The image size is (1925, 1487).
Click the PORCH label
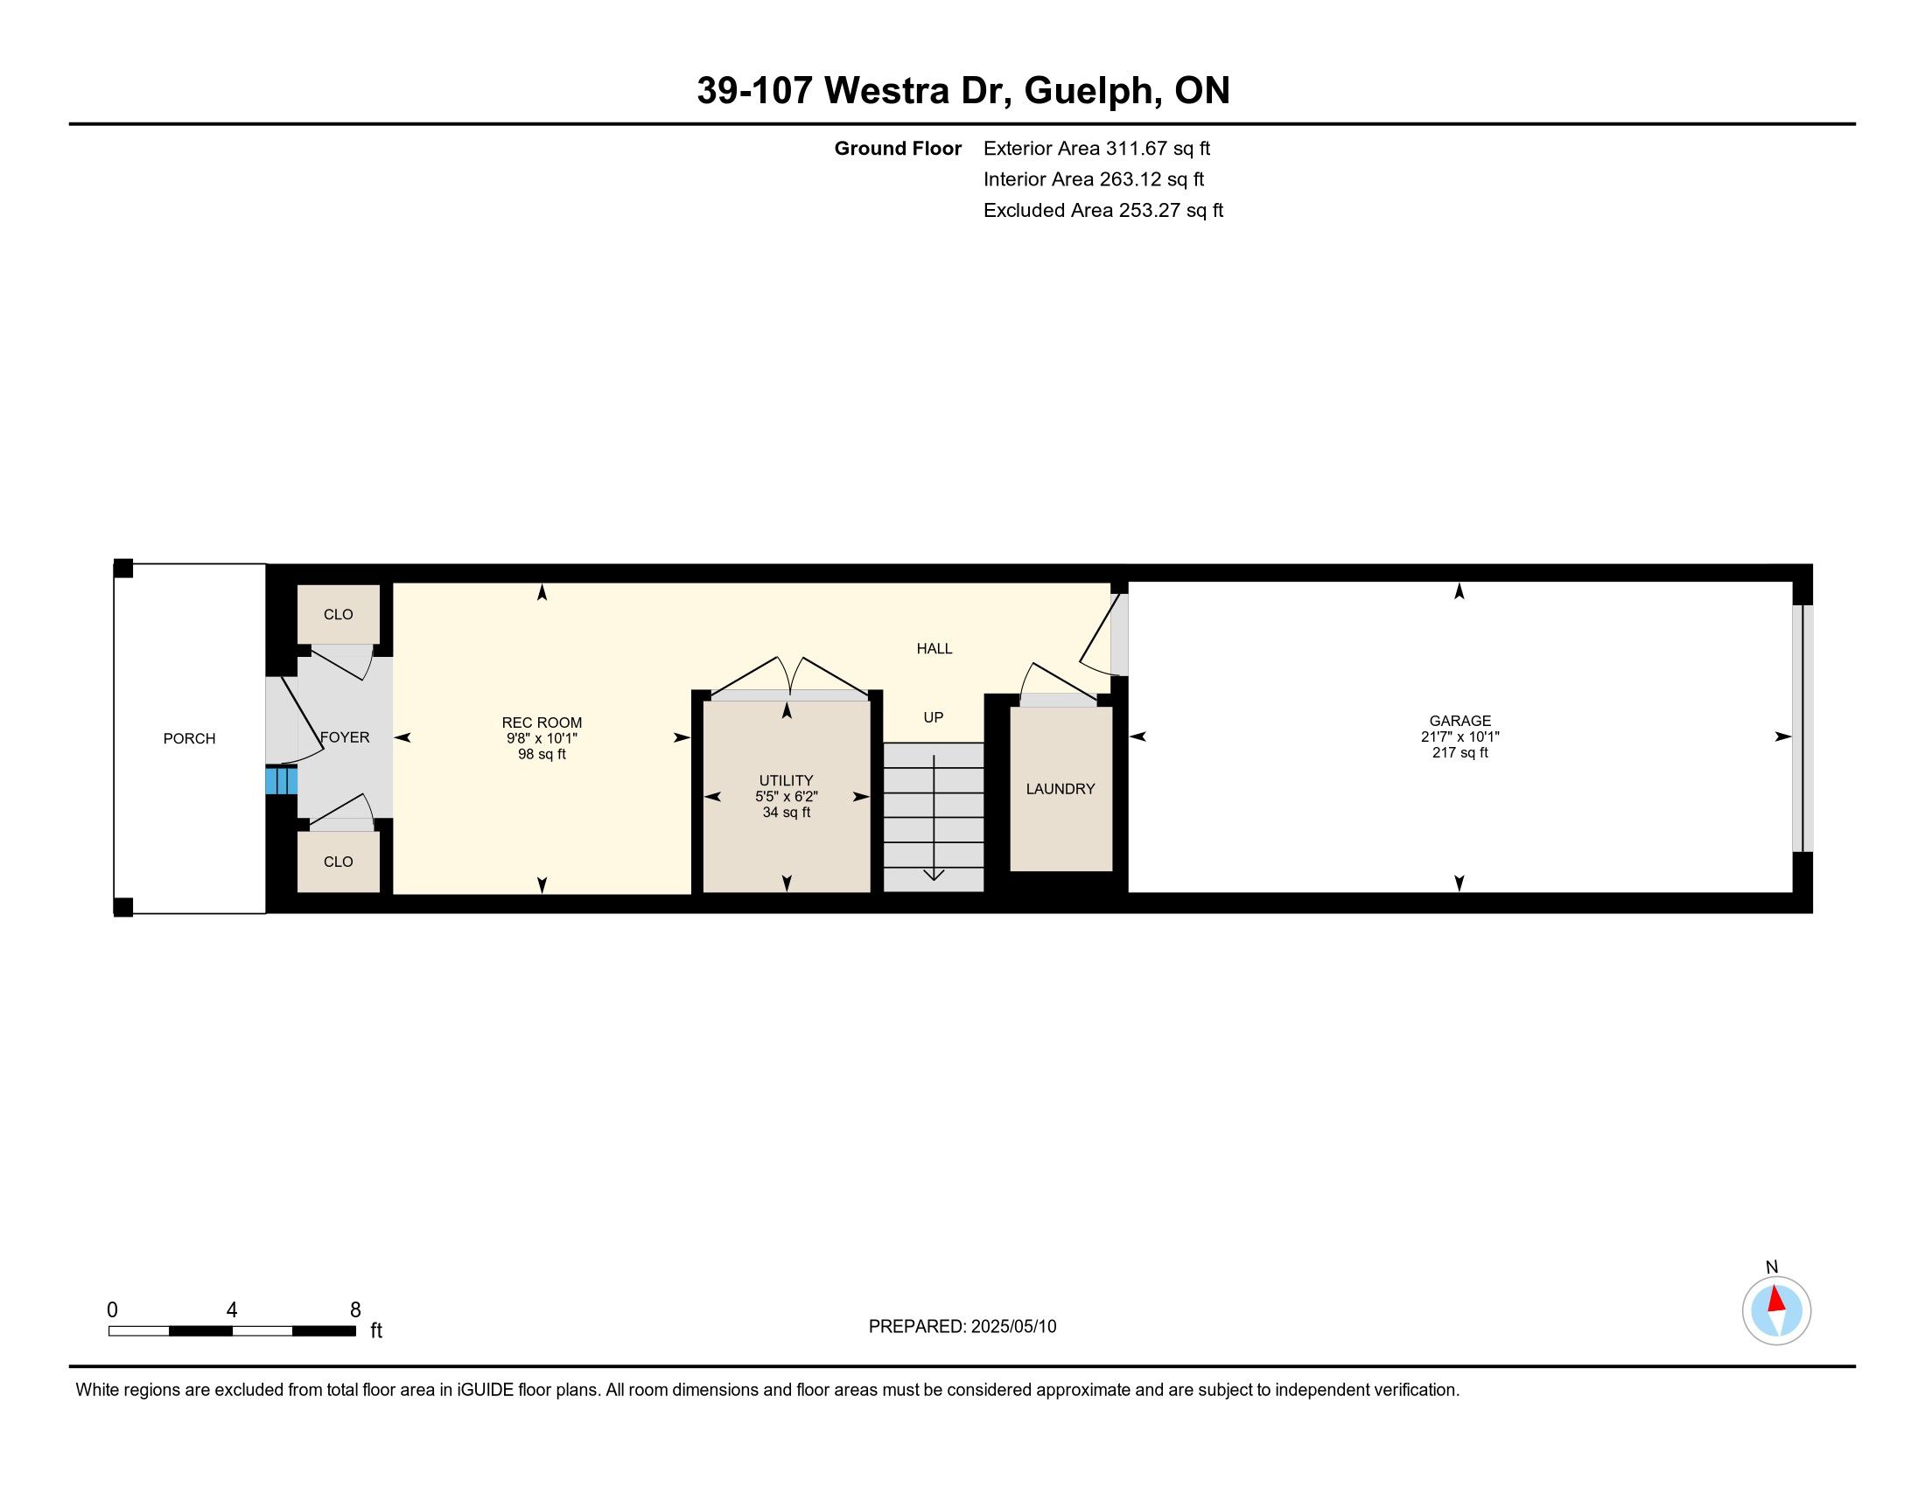(190, 738)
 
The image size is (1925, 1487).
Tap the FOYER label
(345, 737)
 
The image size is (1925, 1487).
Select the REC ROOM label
(542, 723)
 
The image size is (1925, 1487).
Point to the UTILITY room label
(787, 780)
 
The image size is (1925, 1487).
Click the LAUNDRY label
(1060, 789)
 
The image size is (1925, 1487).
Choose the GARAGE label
(1460, 721)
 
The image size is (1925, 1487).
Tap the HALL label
(934, 648)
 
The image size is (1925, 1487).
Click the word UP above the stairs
(934, 717)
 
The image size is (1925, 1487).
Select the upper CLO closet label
(339, 614)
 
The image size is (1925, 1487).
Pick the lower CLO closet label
(339, 862)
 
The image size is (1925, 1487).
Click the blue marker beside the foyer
(281, 780)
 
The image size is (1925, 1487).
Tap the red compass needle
(1777, 1300)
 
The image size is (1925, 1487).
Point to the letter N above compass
(1773, 1267)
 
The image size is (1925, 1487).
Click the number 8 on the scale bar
(355, 1310)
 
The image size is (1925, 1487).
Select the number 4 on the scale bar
(232, 1310)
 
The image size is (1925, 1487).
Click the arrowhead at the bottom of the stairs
(934, 875)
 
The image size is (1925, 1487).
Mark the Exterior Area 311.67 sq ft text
(1096, 148)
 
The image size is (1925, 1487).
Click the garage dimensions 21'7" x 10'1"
(1460, 737)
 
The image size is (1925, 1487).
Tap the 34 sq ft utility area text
(787, 813)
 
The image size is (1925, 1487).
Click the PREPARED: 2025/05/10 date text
(962, 1327)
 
